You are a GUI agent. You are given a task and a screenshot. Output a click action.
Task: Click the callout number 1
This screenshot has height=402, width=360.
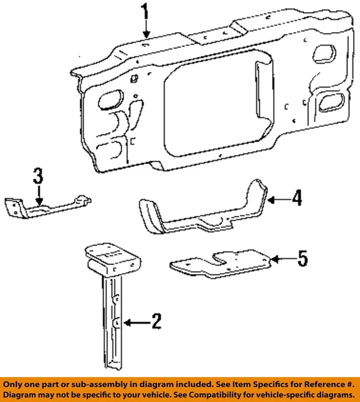click(146, 12)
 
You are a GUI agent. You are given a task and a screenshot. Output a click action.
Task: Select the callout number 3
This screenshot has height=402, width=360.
click(38, 176)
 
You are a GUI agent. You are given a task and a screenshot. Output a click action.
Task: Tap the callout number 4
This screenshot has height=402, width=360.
click(296, 199)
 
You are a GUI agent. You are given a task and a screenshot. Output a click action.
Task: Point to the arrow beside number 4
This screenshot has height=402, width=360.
click(276, 200)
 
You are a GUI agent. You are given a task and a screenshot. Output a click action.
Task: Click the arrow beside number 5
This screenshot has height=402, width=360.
click(281, 258)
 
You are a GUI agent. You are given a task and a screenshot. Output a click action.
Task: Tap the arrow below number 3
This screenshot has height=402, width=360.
click(38, 195)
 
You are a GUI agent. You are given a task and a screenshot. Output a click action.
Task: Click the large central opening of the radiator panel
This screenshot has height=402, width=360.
click(207, 100)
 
